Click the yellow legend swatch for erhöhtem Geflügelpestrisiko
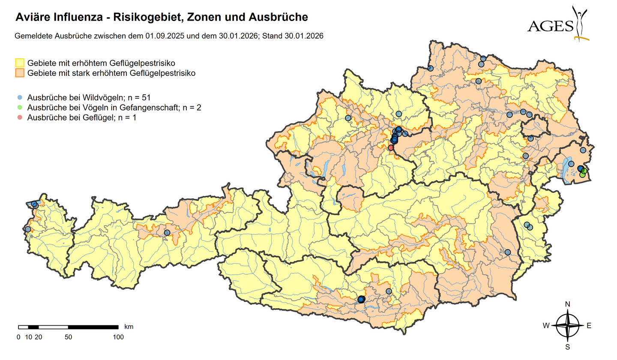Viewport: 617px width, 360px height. [20, 63]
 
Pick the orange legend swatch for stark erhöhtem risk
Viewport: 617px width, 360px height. [20, 73]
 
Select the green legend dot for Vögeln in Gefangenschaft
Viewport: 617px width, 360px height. [20, 107]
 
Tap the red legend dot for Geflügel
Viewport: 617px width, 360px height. [20, 117]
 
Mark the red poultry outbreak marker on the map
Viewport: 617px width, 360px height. [391, 147]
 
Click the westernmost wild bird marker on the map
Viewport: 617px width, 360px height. [28, 229]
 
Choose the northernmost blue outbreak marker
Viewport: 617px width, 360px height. [483, 59]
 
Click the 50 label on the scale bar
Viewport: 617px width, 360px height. [68, 337]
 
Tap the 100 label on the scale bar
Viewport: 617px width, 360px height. [118, 337]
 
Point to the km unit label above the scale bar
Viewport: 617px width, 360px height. [129, 327]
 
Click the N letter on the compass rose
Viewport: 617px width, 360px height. [568, 304]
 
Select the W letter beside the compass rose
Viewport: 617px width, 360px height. [546, 326]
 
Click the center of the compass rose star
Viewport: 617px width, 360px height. [568, 326]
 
